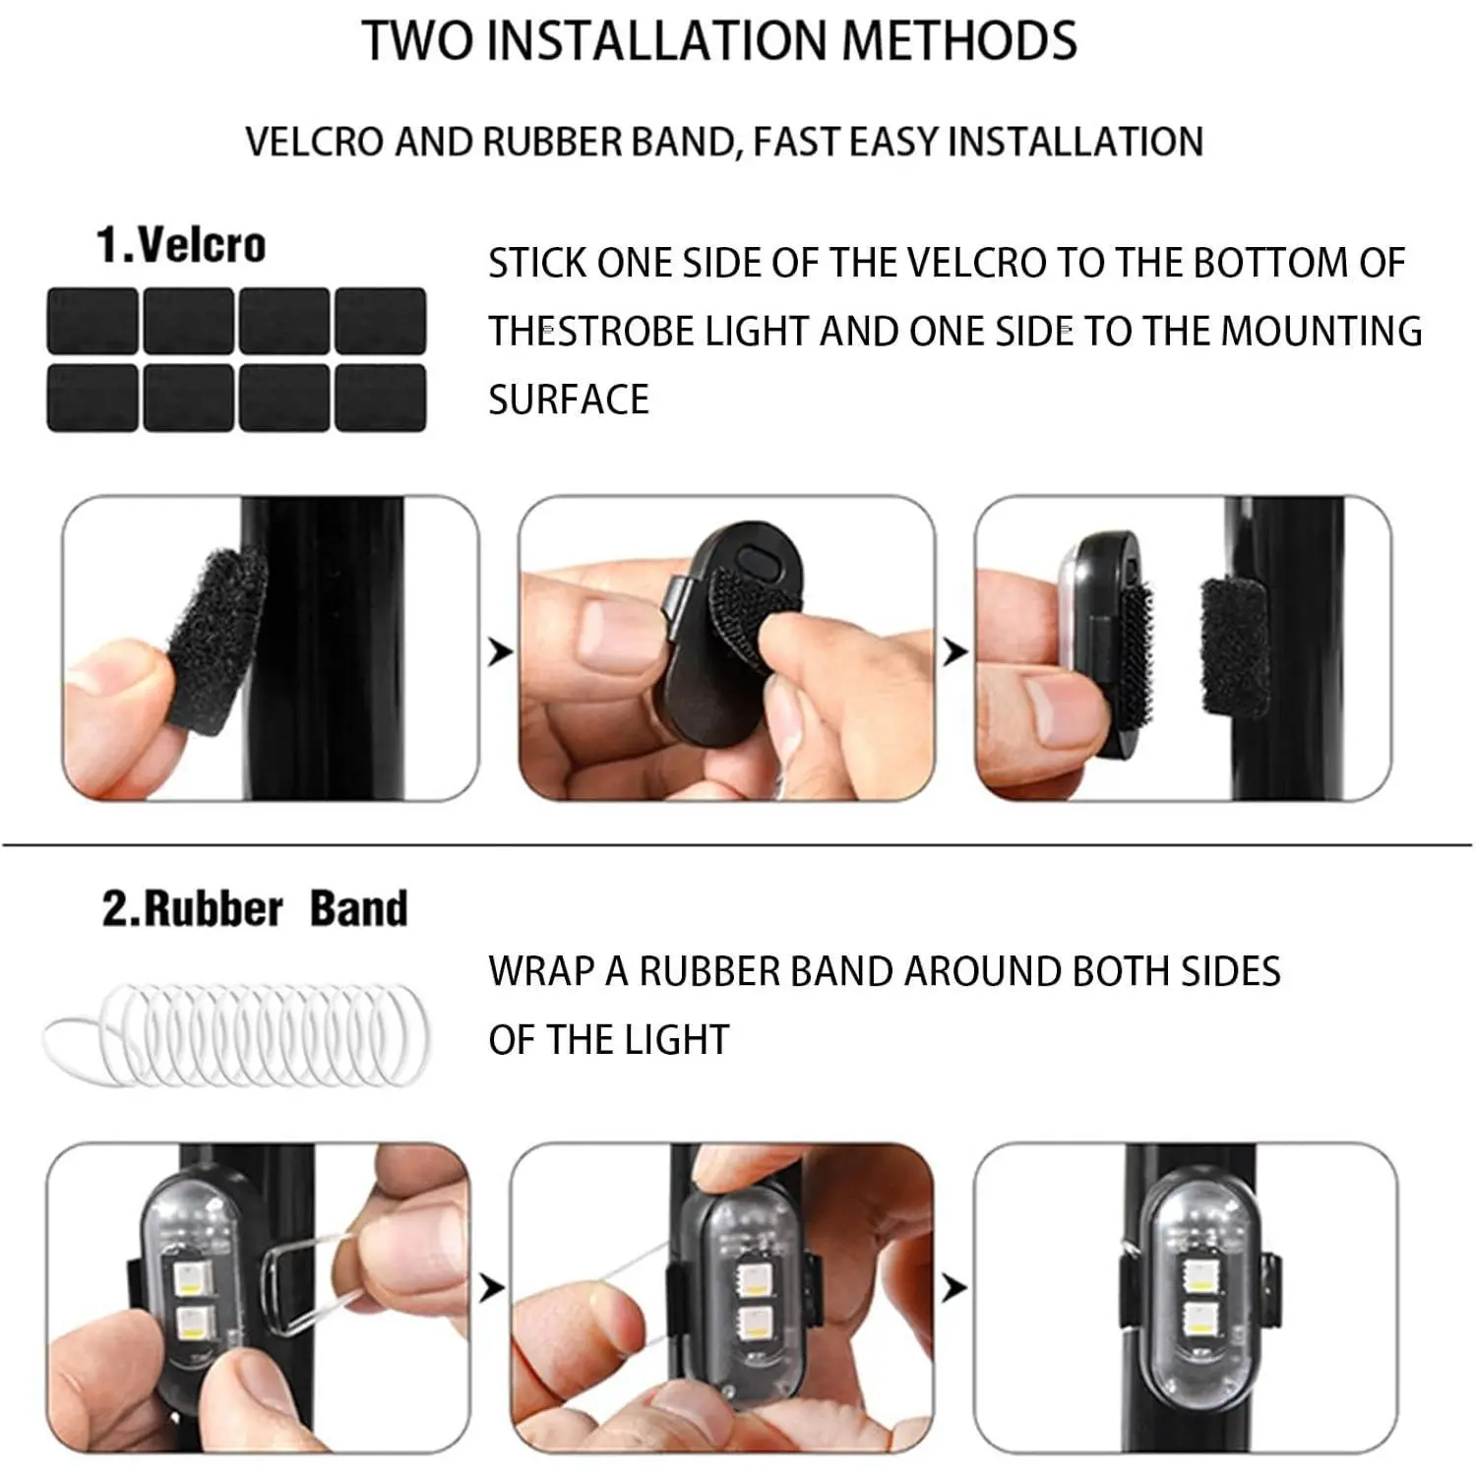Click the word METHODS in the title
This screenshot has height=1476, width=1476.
(x=959, y=40)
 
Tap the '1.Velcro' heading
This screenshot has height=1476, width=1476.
(x=181, y=244)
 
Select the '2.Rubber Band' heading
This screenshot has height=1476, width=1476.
(x=255, y=907)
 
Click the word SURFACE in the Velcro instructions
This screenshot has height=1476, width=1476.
(x=569, y=400)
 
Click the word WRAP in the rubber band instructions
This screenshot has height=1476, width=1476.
(x=544, y=971)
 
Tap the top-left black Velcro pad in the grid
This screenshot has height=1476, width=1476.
(x=92, y=321)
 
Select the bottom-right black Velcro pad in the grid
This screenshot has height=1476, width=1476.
(x=381, y=398)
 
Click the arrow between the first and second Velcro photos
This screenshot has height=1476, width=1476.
(x=500, y=650)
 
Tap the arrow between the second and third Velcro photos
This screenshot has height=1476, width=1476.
(x=954, y=650)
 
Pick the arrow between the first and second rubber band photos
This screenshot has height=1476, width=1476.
(x=491, y=1287)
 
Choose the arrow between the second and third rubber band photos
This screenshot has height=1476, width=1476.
(x=953, y=1287)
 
